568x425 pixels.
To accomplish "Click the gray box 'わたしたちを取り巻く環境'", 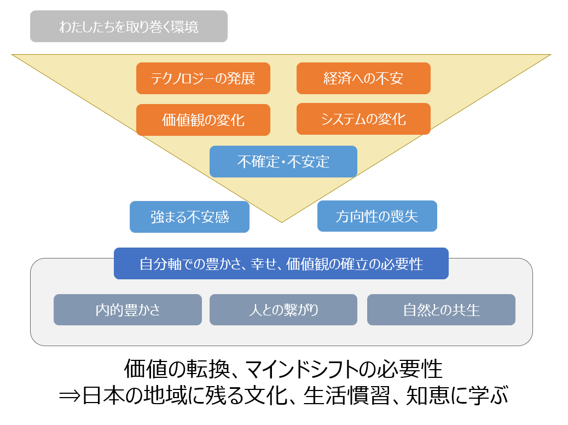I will click(x=129, y=27).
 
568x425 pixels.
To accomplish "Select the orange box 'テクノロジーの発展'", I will click(x=203, y=78).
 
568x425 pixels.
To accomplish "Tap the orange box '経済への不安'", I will click(x=363, y=78).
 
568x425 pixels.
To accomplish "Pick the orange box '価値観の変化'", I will click(x=203, y=120).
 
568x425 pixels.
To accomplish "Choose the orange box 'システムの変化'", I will click(x=363, y=119).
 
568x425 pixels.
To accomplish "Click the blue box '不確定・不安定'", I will click(x=283, y=162).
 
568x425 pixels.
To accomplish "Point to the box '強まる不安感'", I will click(x=189, y=217).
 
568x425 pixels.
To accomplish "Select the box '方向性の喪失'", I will click(x=377, y=216).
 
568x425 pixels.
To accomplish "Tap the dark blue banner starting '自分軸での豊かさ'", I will click(x=281, y=263).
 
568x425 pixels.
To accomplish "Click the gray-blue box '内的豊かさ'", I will click(x=127, y=309).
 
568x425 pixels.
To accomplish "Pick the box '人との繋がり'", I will click(x=283, y=309).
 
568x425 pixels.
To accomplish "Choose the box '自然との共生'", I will click(x=441, y=309).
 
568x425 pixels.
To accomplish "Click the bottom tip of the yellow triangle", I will click(x=281, y=221).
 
